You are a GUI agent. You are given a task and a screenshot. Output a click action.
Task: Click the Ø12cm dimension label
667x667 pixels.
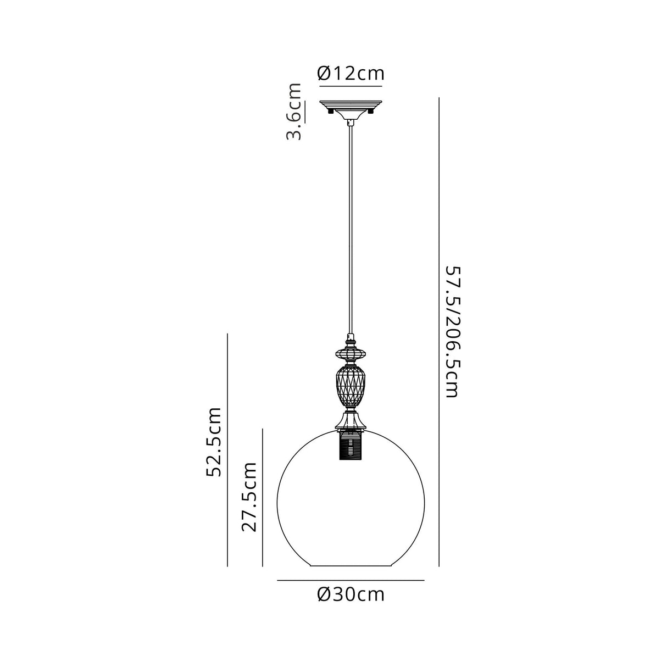coord(351,73)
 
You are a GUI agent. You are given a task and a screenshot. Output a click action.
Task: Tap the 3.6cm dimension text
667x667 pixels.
coord(295,112)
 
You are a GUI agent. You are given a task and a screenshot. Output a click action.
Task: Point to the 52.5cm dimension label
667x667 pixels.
coord(213,442)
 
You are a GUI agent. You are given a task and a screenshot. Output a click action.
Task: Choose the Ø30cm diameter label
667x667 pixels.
coord(351,594)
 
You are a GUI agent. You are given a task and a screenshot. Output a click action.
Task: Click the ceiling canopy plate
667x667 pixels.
coord(351,103)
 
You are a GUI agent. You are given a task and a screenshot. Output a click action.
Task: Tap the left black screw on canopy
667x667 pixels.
coord(330,111)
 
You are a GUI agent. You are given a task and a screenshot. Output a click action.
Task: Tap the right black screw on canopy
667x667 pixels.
coord(371,111)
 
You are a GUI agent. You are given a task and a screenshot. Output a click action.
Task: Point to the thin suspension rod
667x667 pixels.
coord(351,231)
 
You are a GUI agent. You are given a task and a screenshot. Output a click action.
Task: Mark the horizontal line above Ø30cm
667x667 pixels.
coord(351,580)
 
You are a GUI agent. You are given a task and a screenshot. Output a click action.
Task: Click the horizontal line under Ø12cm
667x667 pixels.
coord(351,85)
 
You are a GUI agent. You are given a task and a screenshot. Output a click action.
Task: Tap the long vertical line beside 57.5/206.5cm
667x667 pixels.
coord(439,332)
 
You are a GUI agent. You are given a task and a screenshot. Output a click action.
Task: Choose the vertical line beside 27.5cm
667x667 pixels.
coord(263,497)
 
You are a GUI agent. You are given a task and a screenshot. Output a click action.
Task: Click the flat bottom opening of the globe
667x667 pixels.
coord(351,566)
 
